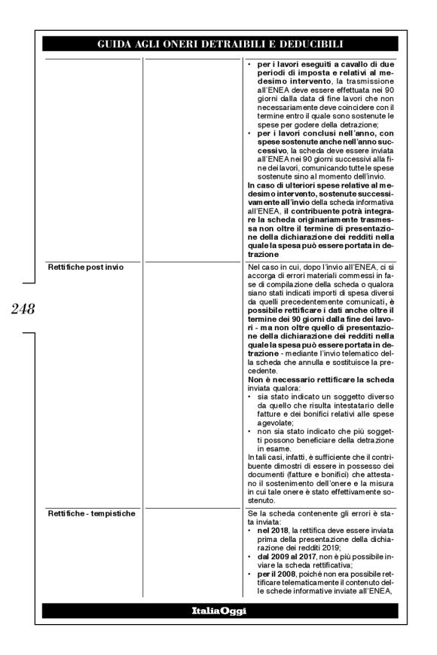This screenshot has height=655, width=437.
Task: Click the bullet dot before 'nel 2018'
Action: pos(251,531)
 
